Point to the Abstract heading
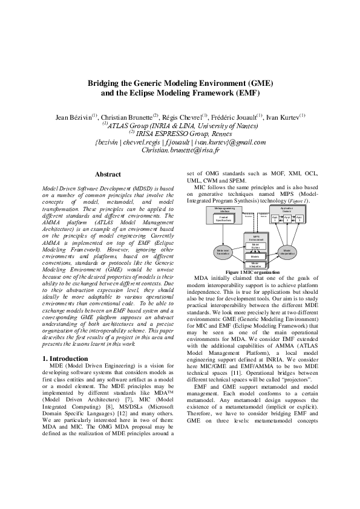point(108,175)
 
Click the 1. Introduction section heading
point(65,359)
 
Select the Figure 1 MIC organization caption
point(252,273)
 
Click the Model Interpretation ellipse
point(287,251)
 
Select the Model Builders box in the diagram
point(255,245)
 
